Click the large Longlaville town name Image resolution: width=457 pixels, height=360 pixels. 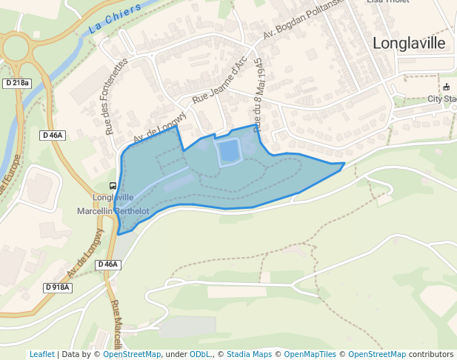pyautogui.click(x=409, y=43)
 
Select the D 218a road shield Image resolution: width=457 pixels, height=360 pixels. pyautogui.click(x=16, y=83)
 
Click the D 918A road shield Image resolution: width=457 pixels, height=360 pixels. pyautogui.click(x=57, y=287)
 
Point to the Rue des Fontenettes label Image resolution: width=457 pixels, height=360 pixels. pyautogui.click(x=117, y=96)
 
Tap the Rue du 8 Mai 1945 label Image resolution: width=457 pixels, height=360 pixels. pyautogui.click(x=258, y=95)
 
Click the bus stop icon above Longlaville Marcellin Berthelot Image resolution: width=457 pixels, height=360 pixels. pyautogui.click(x=113, y=186)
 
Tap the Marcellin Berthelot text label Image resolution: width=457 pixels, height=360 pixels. pyautogui.click(x=113, y=211)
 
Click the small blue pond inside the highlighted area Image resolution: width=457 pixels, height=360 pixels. pyautogui.click(x=229, y=152)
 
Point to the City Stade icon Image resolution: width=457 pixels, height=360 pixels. pyautogui.click(x=446, y=87)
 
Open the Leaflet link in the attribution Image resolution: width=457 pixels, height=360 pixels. pyautogui.click(x=41, y=354)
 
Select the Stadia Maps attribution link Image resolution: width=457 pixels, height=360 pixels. pyautogui.click(x=249, y=354)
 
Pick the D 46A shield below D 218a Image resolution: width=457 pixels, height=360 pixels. pyautogui.click(x=53, y=135)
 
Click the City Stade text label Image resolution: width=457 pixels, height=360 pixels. pyautogui.click(x=442, y=99)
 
